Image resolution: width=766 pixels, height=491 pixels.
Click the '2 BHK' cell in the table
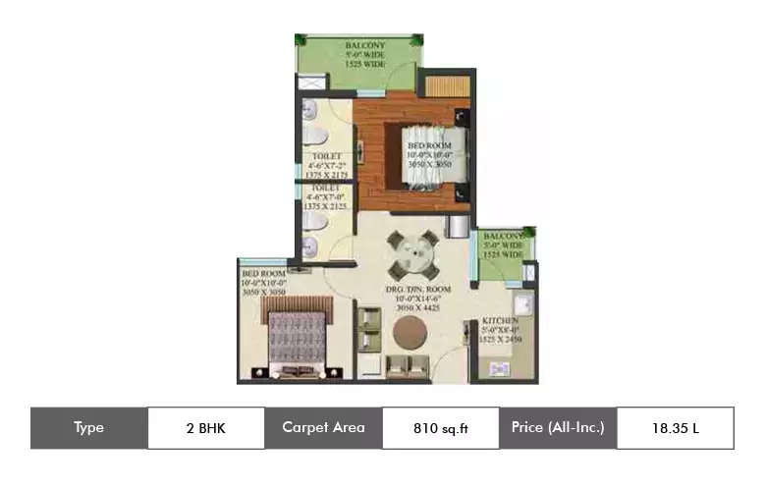[205, 428]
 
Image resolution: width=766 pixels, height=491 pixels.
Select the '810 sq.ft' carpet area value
[440, 428]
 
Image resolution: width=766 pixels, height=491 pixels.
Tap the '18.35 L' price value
[675, 428]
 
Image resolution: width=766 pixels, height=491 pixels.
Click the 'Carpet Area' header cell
[323, 428]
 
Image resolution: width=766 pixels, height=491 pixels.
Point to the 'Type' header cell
[88, 428]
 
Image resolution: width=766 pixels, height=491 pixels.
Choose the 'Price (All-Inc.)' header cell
[558, 428]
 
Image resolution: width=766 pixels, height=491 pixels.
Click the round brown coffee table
[411, 333]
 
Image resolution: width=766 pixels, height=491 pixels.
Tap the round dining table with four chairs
[412, 255]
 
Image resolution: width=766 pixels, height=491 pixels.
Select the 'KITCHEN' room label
[501, 321]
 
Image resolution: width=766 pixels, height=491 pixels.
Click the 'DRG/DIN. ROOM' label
[416, 290]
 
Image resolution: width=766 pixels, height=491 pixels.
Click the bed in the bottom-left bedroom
[294, 339]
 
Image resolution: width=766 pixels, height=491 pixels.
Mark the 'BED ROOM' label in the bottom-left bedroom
[263, 273]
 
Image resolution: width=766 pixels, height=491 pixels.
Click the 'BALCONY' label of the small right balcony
[504, 236]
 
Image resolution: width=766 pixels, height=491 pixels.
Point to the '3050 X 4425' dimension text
[416, 308]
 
